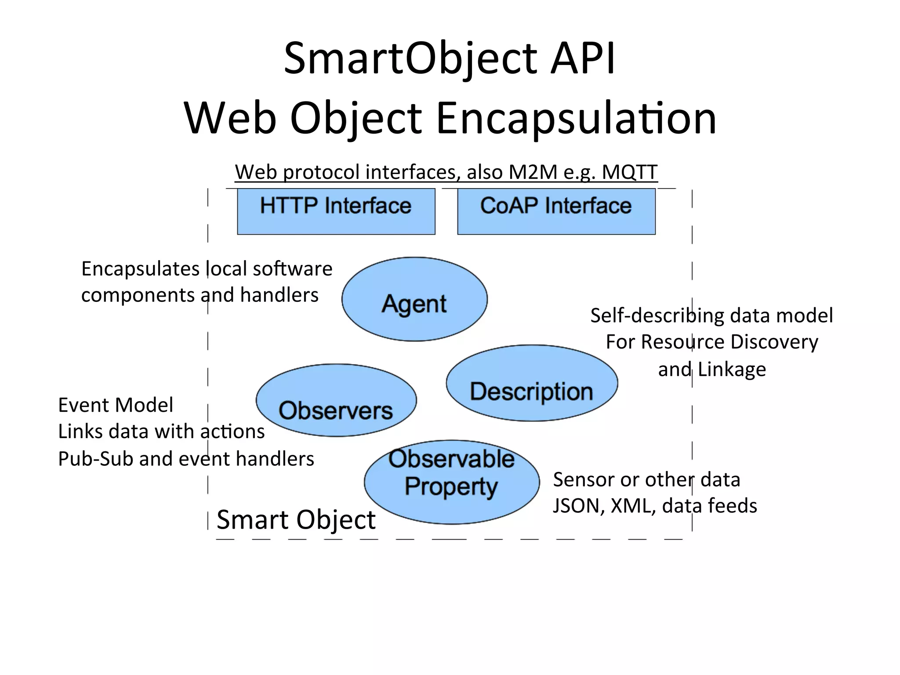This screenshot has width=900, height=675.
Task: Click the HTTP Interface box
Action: [x=336, y=211]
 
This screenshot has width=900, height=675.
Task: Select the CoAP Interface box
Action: [x=556, y=211]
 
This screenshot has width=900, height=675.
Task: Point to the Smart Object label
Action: [x=296, y=520]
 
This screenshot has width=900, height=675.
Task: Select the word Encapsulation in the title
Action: [x=576, y=118]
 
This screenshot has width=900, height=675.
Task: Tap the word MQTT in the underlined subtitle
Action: [x=629, y=172]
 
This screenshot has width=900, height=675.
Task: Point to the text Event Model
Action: [x=116, y=405]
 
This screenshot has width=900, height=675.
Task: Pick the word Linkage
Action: [x=732, y=370]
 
